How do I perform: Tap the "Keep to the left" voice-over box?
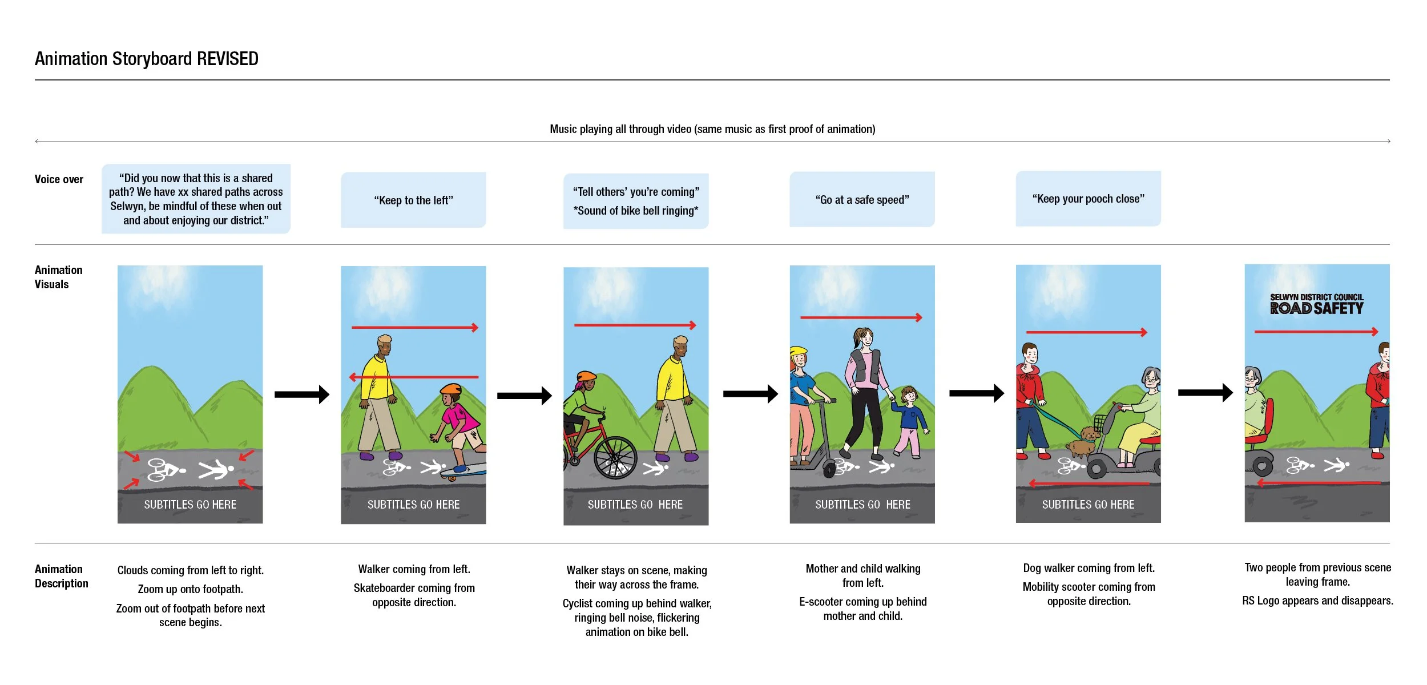click(x=413, y=200)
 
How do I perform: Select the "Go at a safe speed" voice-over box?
click(x=862, y=200)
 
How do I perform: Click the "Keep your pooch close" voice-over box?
click(x=1088, y=199)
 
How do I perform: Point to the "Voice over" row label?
click(x=59, y=179)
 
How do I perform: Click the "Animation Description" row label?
click(x=61, y=576)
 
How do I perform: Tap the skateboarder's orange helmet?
click(x=451, y=390)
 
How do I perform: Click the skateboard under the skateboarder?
click(x=465, y=470)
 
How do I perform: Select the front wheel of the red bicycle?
click(x=615, y=458)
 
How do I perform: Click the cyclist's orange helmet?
click(x=586, y=377)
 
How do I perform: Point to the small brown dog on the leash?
click(x=1083, y=442)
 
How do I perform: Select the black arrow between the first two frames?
click(x=302, y=394)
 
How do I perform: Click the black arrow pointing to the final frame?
click(x=1205, y=393)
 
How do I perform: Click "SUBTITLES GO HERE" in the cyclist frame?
click(x=635, y=505)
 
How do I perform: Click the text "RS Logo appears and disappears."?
click(x=1317, y=601)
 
